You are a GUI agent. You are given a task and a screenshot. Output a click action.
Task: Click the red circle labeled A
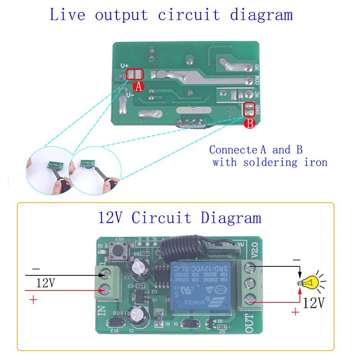coord(139,87)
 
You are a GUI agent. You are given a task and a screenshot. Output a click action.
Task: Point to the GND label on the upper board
coord(257,108)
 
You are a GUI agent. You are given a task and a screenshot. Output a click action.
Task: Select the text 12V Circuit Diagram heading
coord(180,218)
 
